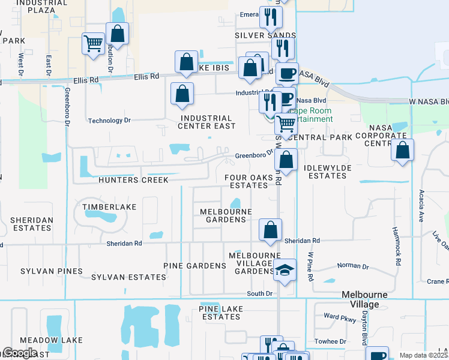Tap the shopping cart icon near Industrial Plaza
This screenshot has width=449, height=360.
tap(94, 44)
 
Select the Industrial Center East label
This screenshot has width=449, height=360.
tap(205, 122)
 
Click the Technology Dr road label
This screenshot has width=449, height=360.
tap(109, 121)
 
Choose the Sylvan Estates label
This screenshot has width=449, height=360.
tap(128, 277)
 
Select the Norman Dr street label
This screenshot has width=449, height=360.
tap(353, 266)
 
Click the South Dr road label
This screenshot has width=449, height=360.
tap(260, 293)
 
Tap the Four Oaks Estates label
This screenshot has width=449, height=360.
tap(246, 182)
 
